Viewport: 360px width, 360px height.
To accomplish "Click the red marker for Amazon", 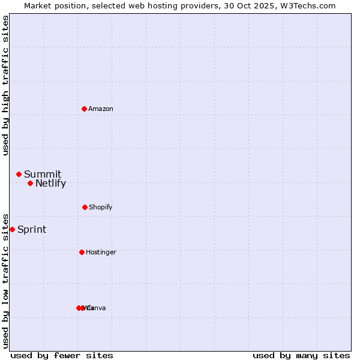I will (x=84, y=109).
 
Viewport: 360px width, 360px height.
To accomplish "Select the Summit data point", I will (x=19, y=174).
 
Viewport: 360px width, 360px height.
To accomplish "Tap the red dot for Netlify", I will (x=30, y=183).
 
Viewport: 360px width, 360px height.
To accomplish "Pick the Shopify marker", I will (x=85, y=207).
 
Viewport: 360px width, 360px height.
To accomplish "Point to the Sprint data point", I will (x=12, y=229).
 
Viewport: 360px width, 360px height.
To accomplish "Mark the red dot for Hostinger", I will (x=82, y=252).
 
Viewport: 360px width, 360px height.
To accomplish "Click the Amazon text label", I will (x=101, y=109).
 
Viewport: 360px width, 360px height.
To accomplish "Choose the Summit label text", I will (x=43, y=175).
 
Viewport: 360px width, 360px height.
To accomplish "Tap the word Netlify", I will (x=50, y=184).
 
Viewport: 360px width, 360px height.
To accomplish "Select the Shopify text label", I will (x=101, y=207).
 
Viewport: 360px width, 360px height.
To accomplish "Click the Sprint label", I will (x=32, y=230).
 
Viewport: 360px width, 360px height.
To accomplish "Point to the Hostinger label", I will (x=101, y=252).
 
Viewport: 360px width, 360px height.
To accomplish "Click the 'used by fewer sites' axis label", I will (x=62, y=355).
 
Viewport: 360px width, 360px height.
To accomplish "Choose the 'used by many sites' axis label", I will (x=301, y=355).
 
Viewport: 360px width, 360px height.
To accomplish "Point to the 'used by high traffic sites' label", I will (x=5, y=85).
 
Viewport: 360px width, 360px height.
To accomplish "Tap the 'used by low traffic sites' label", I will (x=5, y=280).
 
